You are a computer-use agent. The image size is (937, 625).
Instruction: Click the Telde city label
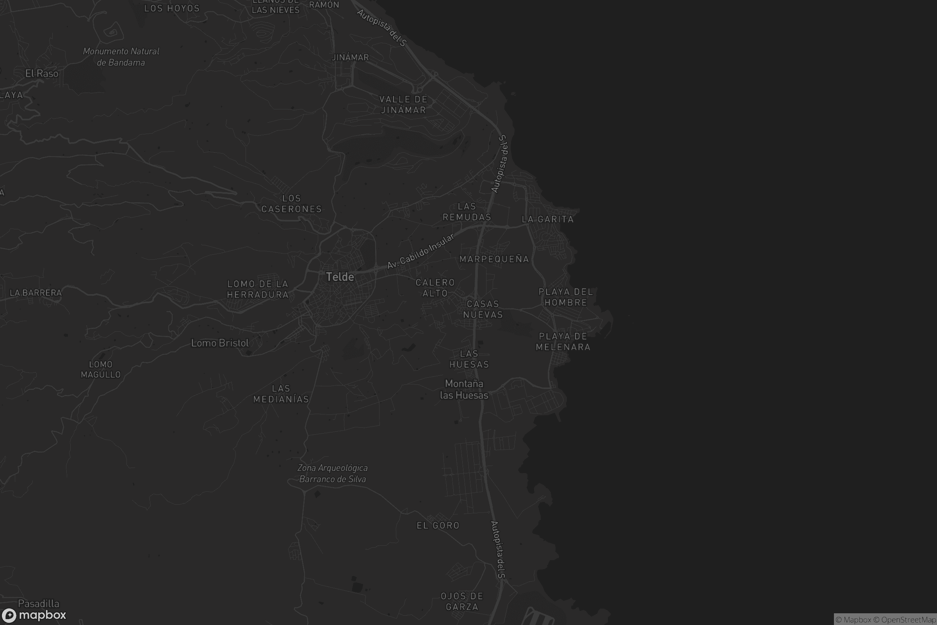(340, 277)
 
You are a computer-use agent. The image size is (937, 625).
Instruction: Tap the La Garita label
(548, 219)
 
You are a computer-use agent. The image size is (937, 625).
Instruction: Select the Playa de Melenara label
(563, 341)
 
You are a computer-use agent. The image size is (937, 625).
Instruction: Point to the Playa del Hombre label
(566, 297)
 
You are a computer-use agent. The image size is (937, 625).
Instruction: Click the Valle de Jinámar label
(403, 104)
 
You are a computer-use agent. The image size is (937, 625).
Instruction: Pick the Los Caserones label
(291, 204)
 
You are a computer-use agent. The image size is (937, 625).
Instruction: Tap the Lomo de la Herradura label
(258, 289)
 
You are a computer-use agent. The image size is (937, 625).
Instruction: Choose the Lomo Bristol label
(220, 343)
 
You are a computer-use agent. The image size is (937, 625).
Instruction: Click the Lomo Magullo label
(101, 370)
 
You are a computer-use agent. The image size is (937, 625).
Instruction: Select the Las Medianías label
(281, 394)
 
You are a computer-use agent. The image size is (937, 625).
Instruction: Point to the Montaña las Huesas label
(464, 389)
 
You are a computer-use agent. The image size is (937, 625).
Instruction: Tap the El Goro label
(438, 526)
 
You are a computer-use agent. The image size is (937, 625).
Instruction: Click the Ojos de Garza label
(462, 602)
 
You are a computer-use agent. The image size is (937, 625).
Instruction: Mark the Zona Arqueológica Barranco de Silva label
(333, 473)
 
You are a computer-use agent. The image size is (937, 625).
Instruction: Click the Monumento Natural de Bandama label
(121, 57)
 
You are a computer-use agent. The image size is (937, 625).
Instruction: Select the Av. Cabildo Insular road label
(421, 251)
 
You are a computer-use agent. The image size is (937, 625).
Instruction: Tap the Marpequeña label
(494, 259)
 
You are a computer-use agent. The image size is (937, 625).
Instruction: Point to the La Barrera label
(36, 293)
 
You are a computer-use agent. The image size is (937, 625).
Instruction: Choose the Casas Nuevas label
(483, 309)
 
